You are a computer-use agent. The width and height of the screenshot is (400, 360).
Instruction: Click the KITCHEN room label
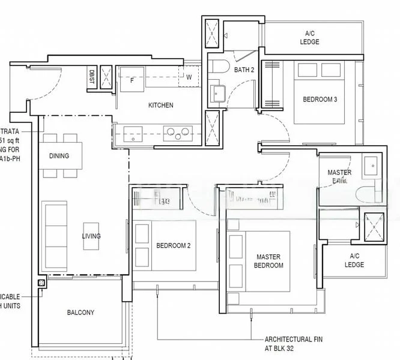point(160,106)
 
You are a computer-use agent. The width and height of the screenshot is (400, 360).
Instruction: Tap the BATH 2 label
point(244,70)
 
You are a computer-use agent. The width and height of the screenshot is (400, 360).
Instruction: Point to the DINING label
point(59,156)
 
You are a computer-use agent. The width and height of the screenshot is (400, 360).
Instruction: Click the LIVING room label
point(91,236)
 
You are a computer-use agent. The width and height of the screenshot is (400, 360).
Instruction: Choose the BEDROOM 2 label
point(173,245)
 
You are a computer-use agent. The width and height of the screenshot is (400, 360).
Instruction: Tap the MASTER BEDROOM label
point(268,261)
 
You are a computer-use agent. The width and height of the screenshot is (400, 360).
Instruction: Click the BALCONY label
point(80,313)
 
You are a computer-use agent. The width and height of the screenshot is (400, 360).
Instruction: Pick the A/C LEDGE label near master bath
point(354,260)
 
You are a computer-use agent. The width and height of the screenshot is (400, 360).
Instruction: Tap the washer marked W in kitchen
point(189,77)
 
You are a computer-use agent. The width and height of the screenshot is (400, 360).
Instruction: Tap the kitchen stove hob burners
point(178,132)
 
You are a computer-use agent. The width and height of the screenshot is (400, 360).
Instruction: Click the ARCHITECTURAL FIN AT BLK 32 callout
point(289,343)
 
